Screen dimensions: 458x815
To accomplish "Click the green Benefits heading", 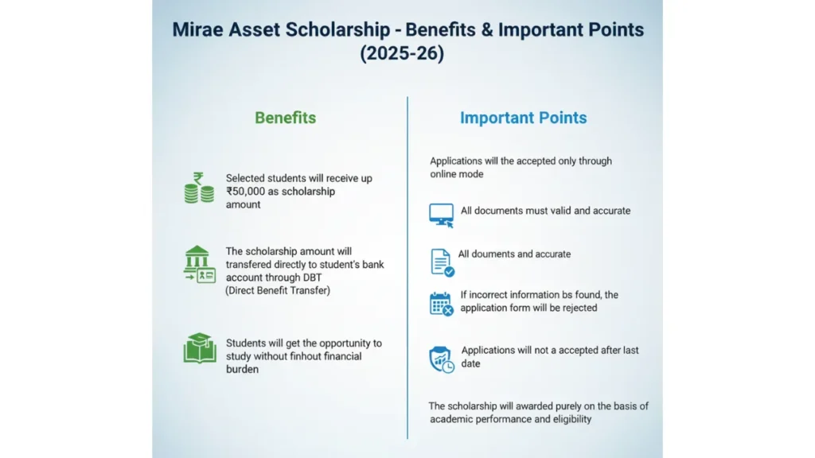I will click(285, 118).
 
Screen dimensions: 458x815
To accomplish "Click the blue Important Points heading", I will click(523, 118).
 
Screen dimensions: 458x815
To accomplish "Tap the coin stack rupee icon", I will click(198, 188).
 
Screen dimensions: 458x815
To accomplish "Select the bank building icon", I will click(199, 265).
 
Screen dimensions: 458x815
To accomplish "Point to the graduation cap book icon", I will click(199, 348).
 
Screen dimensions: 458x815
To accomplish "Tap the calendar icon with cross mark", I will click(441, 304).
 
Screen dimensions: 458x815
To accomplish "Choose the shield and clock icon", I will click(441, 359).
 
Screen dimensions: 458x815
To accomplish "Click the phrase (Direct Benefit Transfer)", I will click(278, 290).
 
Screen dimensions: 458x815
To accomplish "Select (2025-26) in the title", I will click(407, 55).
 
